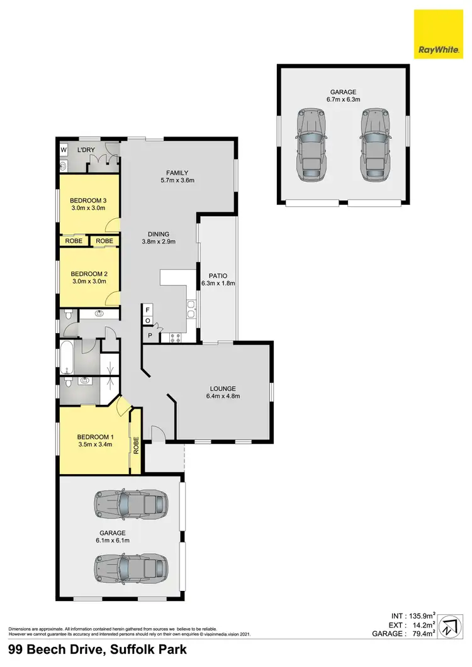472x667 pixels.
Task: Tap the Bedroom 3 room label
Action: pos(89,201)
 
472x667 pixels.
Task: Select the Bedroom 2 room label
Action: pos(89,273)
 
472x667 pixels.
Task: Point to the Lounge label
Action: pos(223,387)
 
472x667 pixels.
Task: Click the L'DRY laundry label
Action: pos(85,151)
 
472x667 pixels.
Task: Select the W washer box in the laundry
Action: pos(64,150)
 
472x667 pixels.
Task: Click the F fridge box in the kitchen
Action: pos(147,310)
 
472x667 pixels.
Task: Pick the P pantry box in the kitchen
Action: pos(150,335)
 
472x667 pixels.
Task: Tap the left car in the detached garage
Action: pos(312,145)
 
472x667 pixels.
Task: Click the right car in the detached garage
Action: pos(376,145)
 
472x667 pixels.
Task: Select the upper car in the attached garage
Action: pos(132,504)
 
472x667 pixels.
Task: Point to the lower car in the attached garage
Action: pos(132,568)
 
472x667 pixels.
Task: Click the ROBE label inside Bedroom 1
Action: pos(135,446)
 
